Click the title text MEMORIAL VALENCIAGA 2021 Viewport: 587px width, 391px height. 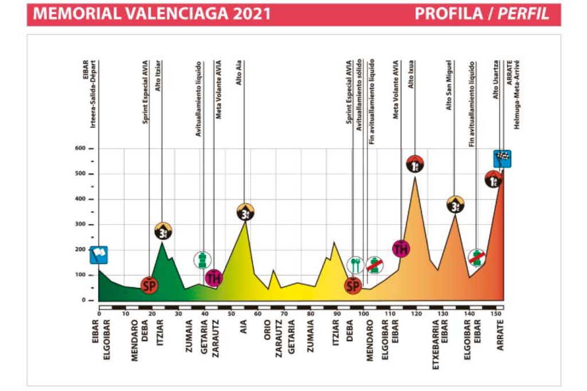pyautogui.click(x=152, y=14)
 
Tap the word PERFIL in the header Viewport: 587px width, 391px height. pyautogui.click(x=523, y=14)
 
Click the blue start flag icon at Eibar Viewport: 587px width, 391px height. pyautogui.click(x=99, y=254)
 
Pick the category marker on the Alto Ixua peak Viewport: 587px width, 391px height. pyautogui.click(x=414, y=165)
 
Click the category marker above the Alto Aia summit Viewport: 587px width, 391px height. pyautogui.click(x=245, y=212)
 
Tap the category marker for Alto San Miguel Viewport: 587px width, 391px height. pyautogui.click(x=455, y=204)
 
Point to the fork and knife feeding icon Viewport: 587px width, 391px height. pyautogui.click(x=355, y=265)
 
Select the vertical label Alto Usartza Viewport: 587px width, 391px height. pyautogui.click(x=496, y=80)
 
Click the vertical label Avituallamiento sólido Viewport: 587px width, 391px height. pyautogui.click(x=359, y=95)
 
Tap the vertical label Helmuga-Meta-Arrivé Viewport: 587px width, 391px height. pyautogui.click(x=516, y=95)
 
